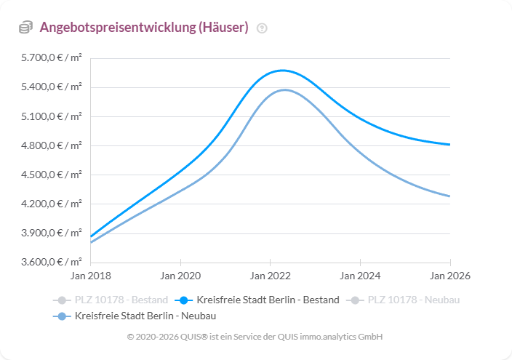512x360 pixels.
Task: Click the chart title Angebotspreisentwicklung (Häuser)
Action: pos(144,28)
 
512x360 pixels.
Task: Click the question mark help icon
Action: pos(263,28)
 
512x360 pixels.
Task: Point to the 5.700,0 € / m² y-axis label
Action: pos(51,58)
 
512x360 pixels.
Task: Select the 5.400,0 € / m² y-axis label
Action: pos(51,87)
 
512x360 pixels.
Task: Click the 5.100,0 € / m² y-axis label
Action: pos(51,116)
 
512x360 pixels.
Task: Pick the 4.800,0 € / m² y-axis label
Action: pos(51,145)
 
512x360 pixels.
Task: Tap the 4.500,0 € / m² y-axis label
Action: pos(51,175)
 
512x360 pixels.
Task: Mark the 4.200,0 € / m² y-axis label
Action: pos(51,204)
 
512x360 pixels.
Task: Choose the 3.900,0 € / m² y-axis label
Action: pos(51,233)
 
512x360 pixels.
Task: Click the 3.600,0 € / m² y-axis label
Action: pos(51,262)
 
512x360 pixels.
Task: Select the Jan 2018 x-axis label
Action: pos(91,276)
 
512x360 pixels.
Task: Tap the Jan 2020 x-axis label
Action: pos(180,276)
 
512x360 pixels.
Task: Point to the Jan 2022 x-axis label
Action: pos(270,276)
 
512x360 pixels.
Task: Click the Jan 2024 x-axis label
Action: pos(359,276)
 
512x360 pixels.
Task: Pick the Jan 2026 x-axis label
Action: pos(449,276)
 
